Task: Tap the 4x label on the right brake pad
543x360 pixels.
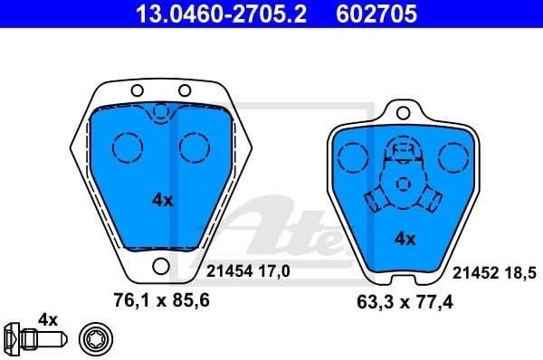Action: click(405, 239)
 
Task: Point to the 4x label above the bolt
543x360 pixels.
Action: click(47, 319)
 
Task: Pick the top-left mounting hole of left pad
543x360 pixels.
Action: click(138, 90)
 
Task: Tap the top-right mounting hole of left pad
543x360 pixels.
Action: click(184, 90)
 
